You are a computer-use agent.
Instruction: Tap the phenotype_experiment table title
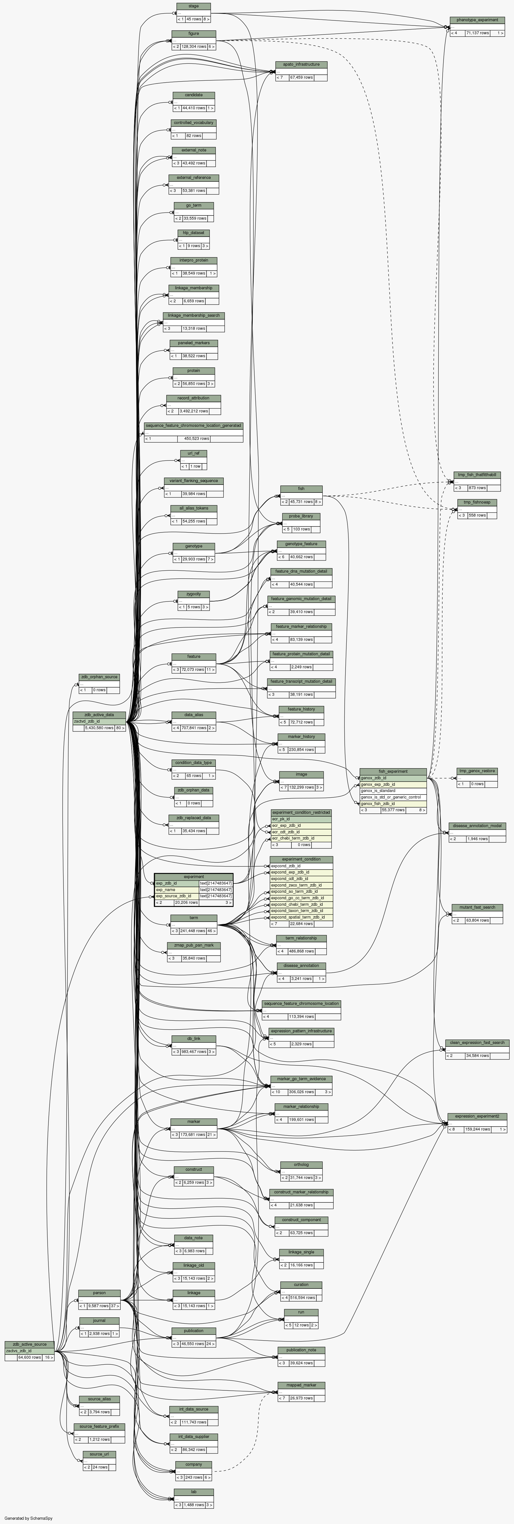477,20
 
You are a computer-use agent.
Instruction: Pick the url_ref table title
194,453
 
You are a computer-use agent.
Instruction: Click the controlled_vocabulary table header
194,123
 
